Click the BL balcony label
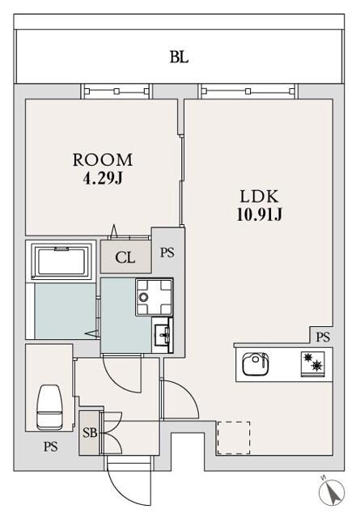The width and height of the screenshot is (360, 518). pos(179,57)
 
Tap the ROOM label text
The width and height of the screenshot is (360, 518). pos(103,160)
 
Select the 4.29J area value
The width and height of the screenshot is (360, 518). pos(103,178)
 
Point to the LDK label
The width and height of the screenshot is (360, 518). pos(259,197)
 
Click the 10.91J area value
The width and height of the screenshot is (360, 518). pos(259,214)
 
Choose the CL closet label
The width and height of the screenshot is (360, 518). pos(125,257)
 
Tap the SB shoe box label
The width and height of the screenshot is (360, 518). pos(90,432)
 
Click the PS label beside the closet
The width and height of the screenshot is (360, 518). pos(167,253)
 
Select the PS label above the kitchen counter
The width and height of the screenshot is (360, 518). pos(323,337)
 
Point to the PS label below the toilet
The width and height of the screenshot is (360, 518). pos(50,447)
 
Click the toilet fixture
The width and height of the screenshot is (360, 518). pos(49,406)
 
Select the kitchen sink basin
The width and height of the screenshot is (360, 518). pos(256,363)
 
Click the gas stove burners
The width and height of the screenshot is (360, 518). pos(312,363)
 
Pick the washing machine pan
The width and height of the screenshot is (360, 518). pos(154,297)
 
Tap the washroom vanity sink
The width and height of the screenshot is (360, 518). pos(163,335)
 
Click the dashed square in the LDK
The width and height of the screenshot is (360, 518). pos(234,438)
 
